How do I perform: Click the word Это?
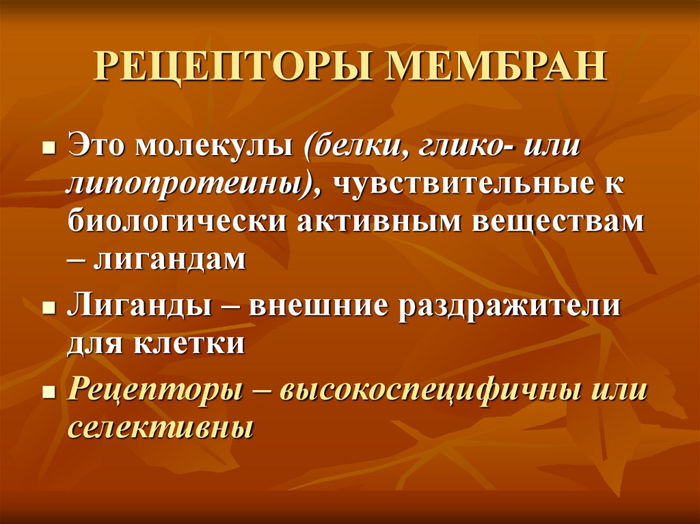point(96,148)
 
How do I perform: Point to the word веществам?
point(561,223)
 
